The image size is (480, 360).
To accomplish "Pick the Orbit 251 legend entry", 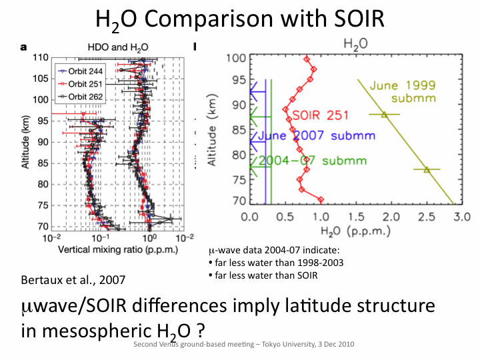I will pyautogui.click(x=77, y=84).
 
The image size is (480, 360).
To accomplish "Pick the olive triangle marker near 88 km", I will pyautogui.click(x=384, y=115).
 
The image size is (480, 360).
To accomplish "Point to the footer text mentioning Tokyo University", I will pyautogui.click(x=243, y=345).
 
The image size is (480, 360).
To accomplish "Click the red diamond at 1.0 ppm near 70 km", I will pyautogui.click(x=321, y=199).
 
